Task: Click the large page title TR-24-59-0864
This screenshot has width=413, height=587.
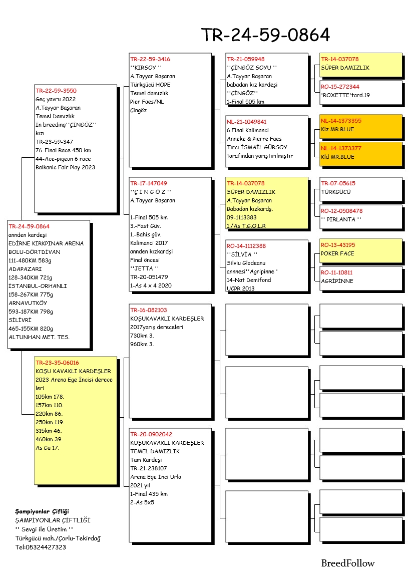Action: [x=265, y=35]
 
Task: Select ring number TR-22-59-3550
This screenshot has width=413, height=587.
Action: [x=56, y=91]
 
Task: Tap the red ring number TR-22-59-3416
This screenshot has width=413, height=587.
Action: [x=150, y=59]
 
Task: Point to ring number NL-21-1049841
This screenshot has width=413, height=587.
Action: [x=247, y=122]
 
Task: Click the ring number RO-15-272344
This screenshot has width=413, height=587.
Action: [x=340, y=87]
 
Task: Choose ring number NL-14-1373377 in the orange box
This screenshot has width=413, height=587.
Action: [x=341, y=148]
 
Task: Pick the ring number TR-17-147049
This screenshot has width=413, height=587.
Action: [x=149, y=183]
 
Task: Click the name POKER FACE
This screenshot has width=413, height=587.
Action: [x=337, y=253]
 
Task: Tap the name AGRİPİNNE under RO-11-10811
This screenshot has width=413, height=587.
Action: [x=337, y=281]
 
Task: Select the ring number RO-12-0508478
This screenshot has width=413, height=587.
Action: [x=342, y=211]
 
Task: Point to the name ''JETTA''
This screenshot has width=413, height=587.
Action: [x=145, y=268]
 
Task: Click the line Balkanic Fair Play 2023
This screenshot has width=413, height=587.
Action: [x=65, y=167]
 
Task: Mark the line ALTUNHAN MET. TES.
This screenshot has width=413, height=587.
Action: [x=39, y=337]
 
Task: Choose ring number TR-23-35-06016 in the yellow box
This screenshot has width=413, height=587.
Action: [x=57, y=363]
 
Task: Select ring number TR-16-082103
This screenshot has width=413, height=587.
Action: [x=149, y=310]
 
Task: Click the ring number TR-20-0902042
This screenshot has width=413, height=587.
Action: [x=151, y=434]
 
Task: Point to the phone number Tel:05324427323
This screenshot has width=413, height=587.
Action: [x=41, y=547]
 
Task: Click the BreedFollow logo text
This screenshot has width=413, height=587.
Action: [x=347, y=563]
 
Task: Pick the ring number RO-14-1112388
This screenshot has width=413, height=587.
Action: [x=246, y=246]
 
